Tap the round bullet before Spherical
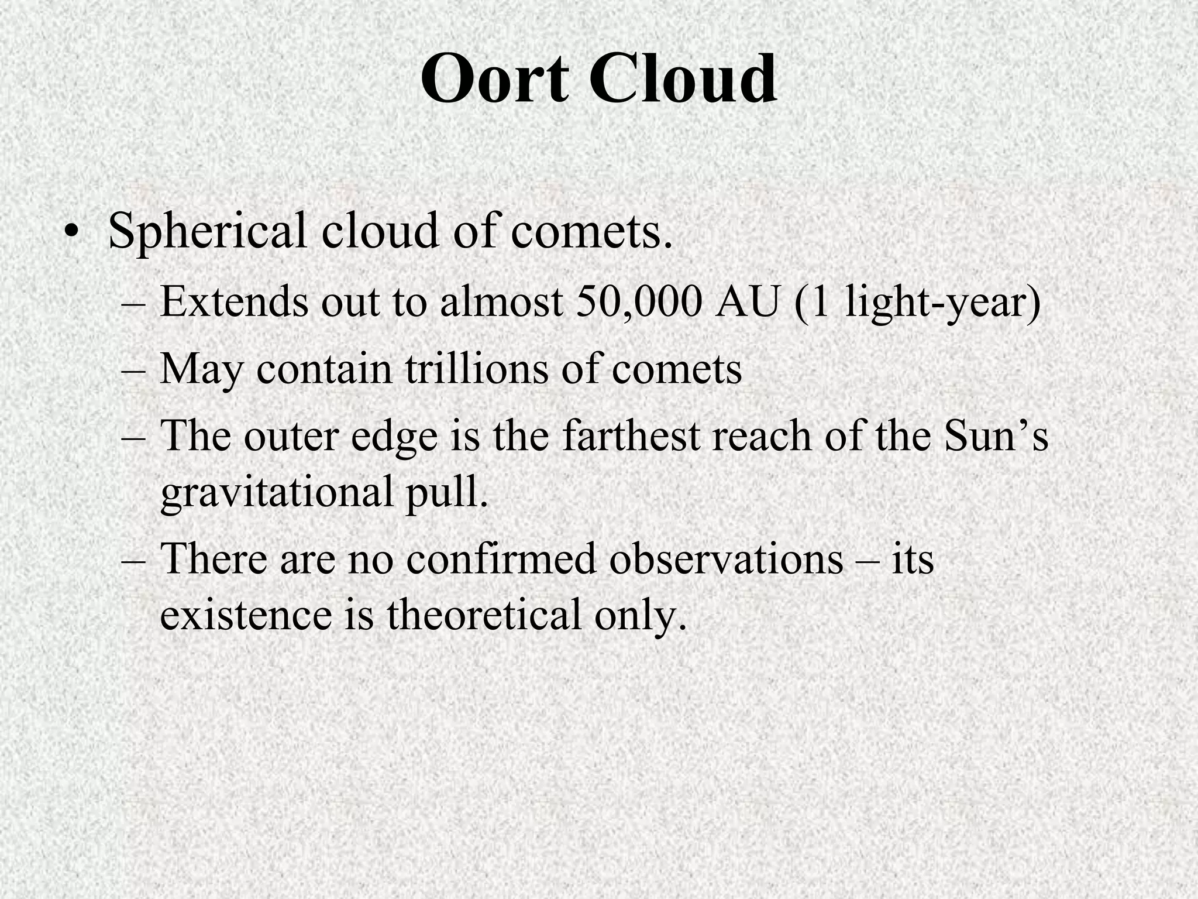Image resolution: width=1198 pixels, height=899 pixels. coord(71,231)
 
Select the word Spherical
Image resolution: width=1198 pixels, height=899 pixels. coord(208,232)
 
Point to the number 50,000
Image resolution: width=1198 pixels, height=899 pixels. coord(639,303)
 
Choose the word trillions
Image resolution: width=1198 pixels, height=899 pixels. coord(477,369)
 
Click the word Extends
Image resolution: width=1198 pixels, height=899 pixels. coord(235,303)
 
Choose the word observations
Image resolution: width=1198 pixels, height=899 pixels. coord(726,559)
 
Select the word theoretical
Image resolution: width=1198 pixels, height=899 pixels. coord(484,615)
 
